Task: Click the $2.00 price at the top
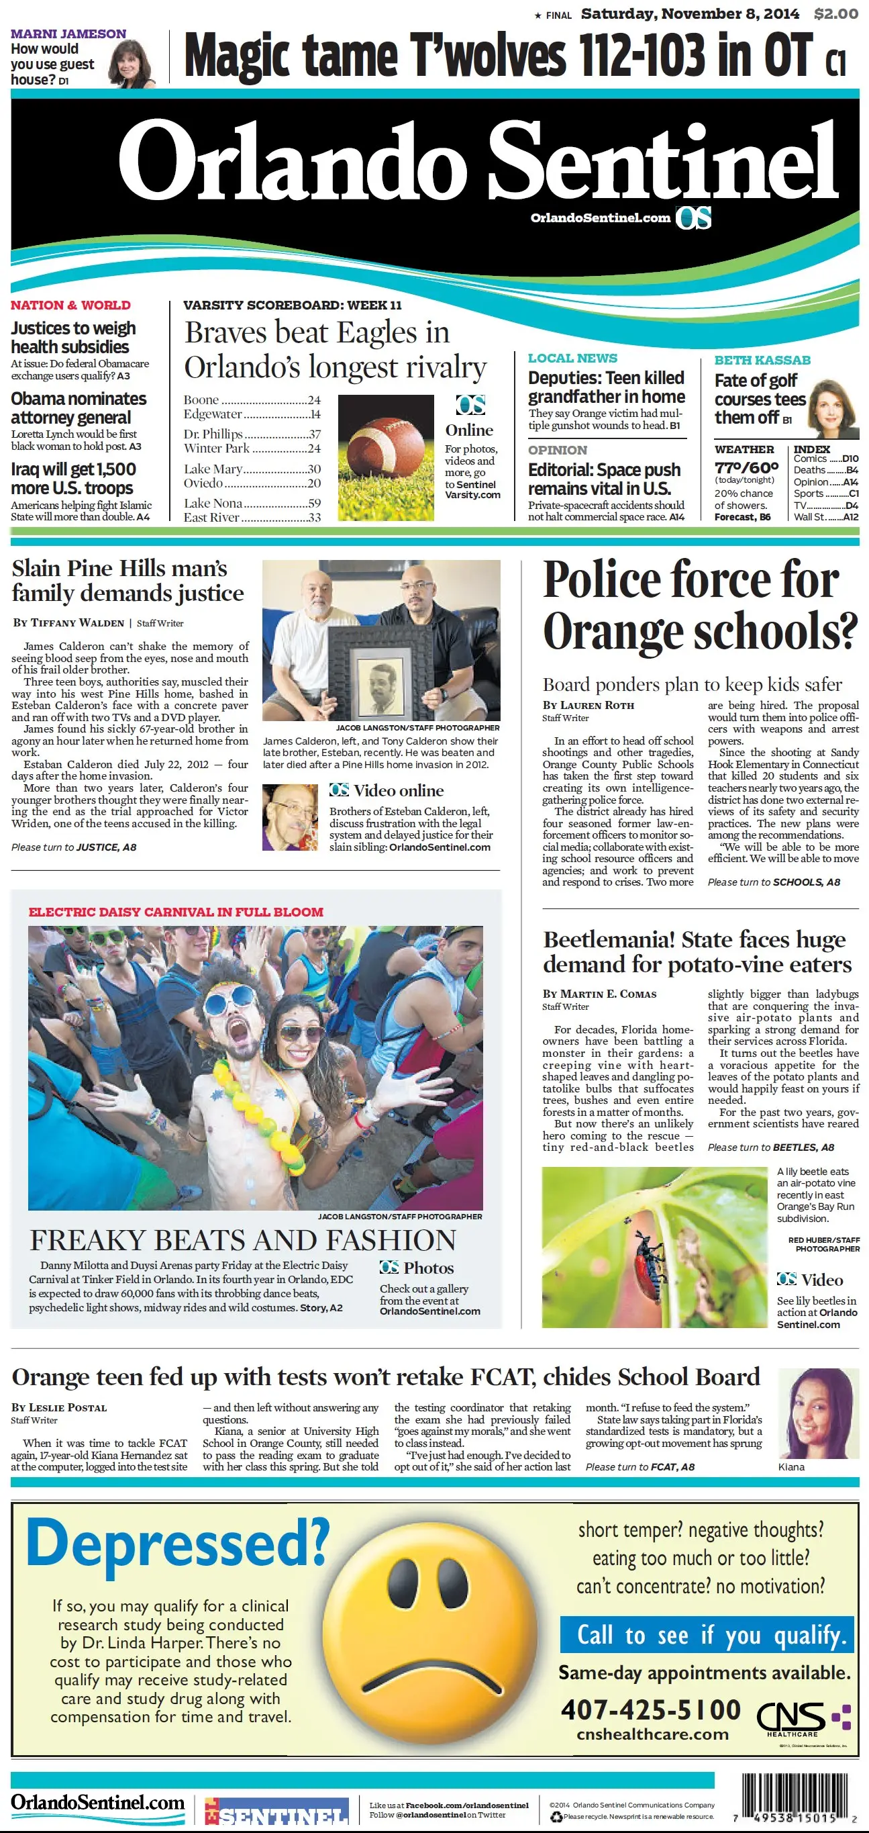[835, 13]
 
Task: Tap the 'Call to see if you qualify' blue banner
[705, 1634]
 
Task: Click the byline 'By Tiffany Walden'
[68, 622]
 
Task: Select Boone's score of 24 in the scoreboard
[313, 400]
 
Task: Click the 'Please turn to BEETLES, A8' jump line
[770, 1147]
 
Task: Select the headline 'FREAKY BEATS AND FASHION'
[242, 1240]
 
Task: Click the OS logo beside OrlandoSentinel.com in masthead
[693, 218]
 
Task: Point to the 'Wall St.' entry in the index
[810, 516]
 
